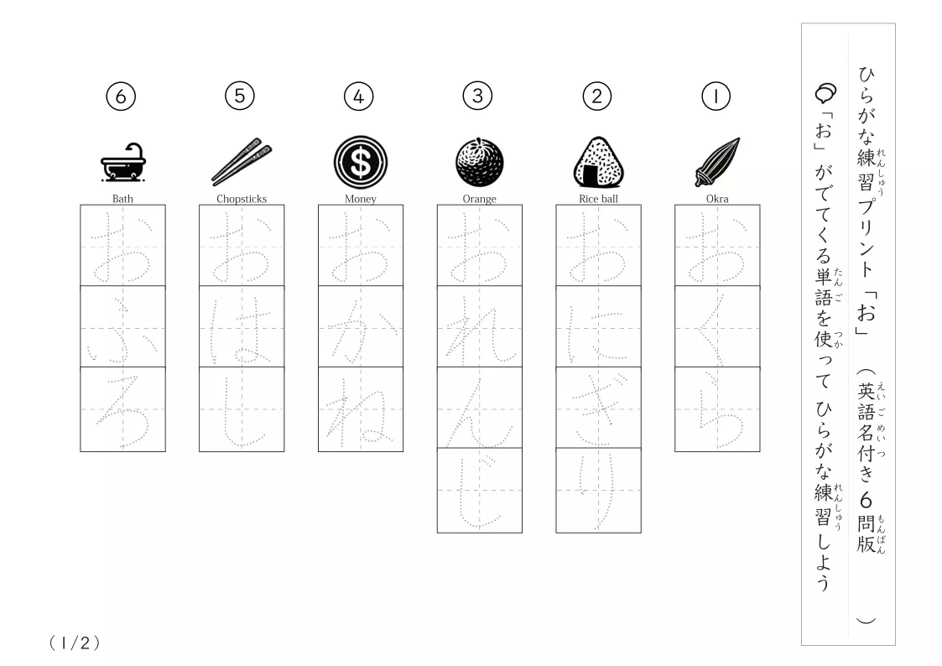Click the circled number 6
click(121, 96)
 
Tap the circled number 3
click(477, 96)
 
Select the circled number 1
click(716, 96)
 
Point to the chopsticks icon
click(242, 162)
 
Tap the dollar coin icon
click(361, 162)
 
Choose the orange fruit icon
click(480, 162)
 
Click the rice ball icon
click(598, 162)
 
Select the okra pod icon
click(717, 162)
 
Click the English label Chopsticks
click(242, 199)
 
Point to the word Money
click(361, 199)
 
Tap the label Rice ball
click(598, 199)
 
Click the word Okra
click(717, 199)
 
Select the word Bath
click(122, 199)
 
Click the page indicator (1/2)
click(75, 643)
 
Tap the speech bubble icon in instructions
click(825, 93)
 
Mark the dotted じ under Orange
click(480, 490)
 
